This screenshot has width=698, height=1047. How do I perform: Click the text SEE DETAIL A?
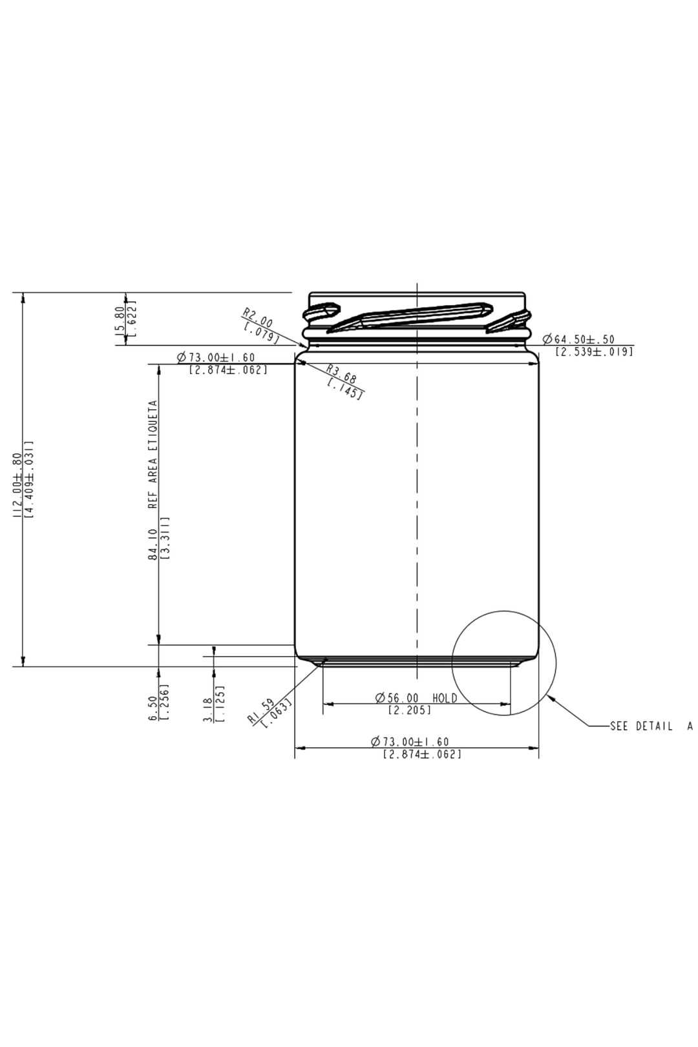coord(651,726)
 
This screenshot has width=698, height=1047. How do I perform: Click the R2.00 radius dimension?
coord(258,317)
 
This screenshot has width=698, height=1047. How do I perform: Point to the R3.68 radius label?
coord(341,374)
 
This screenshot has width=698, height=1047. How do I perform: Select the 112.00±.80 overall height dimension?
coord(17,485)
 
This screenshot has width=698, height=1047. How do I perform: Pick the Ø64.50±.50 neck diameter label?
coord(578,339)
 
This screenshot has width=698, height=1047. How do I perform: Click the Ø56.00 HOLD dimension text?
coord(416,698)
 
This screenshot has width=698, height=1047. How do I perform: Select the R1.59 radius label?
coord(261,712)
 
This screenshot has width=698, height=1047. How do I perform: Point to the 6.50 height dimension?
coord(153,708)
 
